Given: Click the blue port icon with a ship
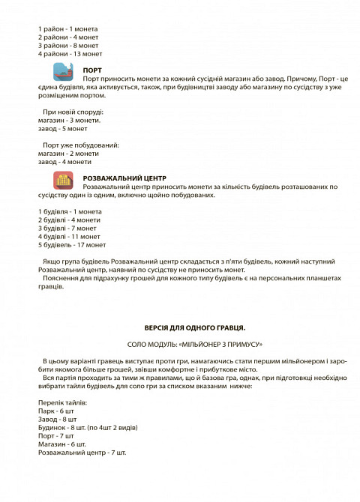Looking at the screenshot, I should (62, 73).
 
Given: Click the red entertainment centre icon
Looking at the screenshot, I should (62, 181).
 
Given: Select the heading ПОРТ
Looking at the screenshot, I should (92, 69).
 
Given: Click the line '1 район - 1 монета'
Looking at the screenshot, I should (67, 29).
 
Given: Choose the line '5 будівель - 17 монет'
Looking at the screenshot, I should (72, 244).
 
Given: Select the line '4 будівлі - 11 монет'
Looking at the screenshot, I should (69, 236).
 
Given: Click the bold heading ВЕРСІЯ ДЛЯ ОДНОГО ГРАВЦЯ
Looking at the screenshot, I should (194, 327).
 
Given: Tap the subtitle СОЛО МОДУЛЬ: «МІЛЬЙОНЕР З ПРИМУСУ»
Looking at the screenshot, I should (194, 343).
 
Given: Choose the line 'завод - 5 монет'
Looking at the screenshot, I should (62, 128).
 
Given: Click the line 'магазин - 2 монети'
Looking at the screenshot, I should (68, 153).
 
